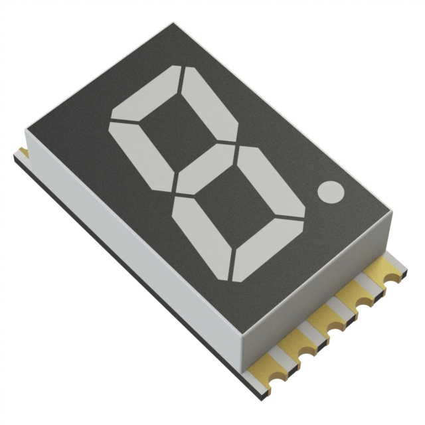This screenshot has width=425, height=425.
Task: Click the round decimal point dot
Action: click(331, 192)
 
